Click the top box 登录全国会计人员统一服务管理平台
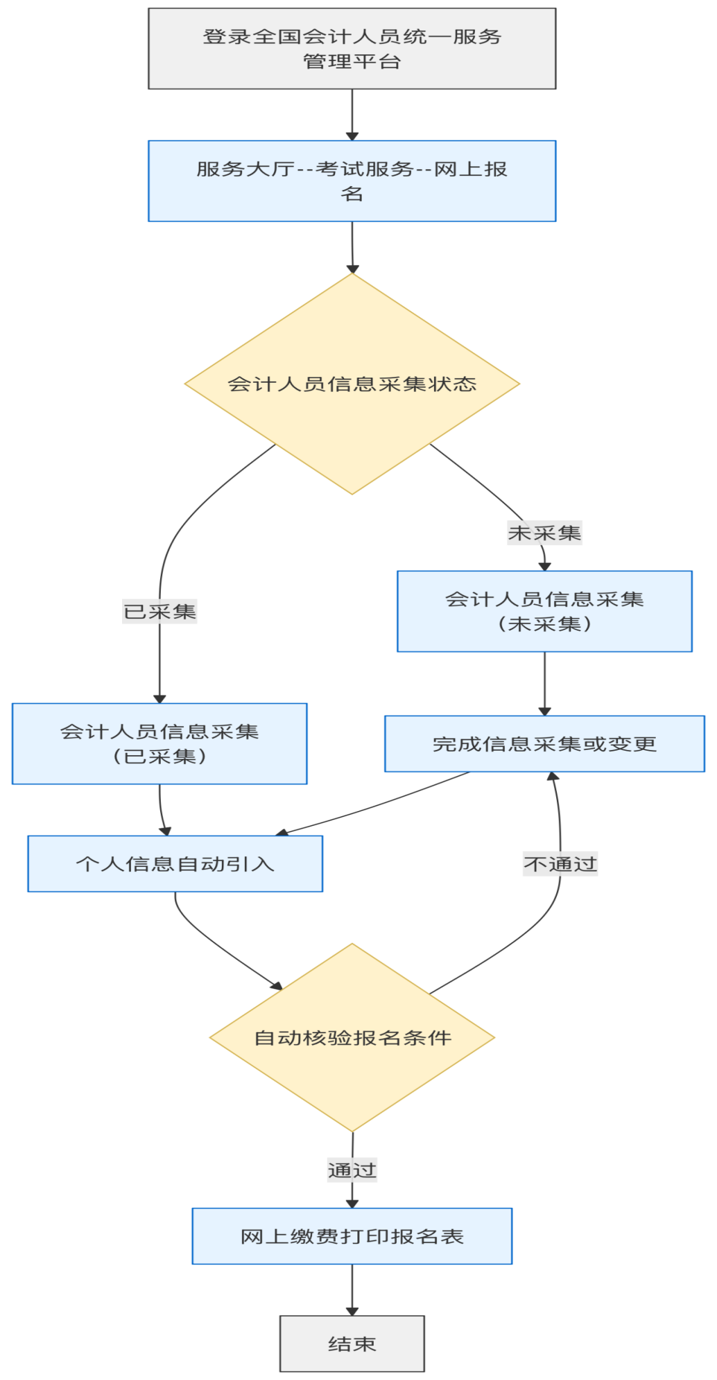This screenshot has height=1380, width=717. coord(351,48)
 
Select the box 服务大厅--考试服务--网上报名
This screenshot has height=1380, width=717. coord(351,181)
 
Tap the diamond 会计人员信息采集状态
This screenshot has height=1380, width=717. coord(351,384)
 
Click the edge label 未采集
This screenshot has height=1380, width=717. coord(544,532)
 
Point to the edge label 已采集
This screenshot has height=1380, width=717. coord(159,611)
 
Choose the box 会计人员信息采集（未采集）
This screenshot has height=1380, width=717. coord(544,611)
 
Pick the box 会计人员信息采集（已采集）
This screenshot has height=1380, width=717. coord(159,743)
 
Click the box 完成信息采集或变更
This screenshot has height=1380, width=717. coord(544,743)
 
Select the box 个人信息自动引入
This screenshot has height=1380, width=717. coord(175,863)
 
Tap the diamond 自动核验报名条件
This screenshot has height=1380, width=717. coord(351,1037)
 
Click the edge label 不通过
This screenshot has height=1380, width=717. coord(560,864)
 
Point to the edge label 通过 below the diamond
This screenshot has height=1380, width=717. coord(352,1170)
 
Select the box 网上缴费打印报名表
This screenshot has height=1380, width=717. coord(351,1236)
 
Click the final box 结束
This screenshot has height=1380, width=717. coord(351,1344)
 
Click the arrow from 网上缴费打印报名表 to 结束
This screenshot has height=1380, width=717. coord(352,1289)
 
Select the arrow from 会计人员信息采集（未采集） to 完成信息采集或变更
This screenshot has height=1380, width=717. coord(544,683)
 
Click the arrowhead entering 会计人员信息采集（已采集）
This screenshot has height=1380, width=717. coord(159,699)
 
